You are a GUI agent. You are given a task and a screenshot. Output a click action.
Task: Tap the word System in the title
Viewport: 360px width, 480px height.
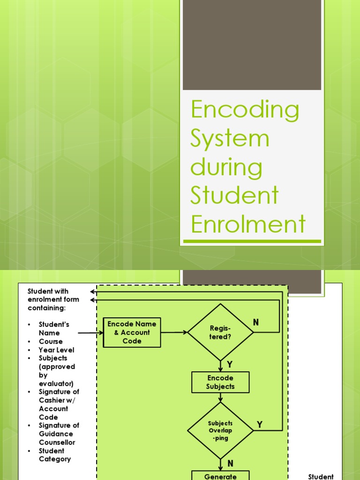click(x=230, y=138)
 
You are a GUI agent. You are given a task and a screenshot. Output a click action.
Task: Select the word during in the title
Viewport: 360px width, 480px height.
click(x=226, y=168)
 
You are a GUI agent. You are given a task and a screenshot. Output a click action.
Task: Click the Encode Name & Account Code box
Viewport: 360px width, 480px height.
click(x=132, y=332)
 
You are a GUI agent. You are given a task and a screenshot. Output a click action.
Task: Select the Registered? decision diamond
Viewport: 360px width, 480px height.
click(x=220, y=332)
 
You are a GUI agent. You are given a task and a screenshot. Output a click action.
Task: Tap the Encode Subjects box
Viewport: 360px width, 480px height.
click(x=220, y=382)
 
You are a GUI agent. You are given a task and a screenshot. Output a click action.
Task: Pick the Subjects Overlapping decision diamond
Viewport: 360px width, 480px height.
click(x=220, y=430)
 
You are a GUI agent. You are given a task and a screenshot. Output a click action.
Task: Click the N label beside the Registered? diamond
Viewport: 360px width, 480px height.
click(x=256, y=322)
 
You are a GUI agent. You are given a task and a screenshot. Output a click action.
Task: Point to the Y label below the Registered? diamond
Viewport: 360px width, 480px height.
click(x=230, y=364)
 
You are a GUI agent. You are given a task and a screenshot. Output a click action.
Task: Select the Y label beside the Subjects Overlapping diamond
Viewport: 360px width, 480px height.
click(x=260, y=425)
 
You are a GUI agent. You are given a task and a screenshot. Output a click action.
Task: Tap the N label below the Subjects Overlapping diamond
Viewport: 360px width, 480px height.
click(x=230, y=463)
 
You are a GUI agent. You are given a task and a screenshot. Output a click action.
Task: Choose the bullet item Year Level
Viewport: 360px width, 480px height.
click(x=56, y=350)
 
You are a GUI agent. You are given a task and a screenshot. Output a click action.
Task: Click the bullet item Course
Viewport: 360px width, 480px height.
click(x=51, y=341)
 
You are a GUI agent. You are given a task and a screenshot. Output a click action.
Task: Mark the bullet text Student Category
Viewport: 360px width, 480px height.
click(x=54, y=455)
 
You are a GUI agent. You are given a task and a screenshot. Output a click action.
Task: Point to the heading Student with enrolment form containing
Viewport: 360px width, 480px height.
click(x=53, y=300)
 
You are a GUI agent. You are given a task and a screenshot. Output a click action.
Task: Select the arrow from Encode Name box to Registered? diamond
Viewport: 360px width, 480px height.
click(x=173, y=332)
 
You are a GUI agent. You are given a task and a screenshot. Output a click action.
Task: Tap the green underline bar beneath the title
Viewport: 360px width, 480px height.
click(x=252, y=241)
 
